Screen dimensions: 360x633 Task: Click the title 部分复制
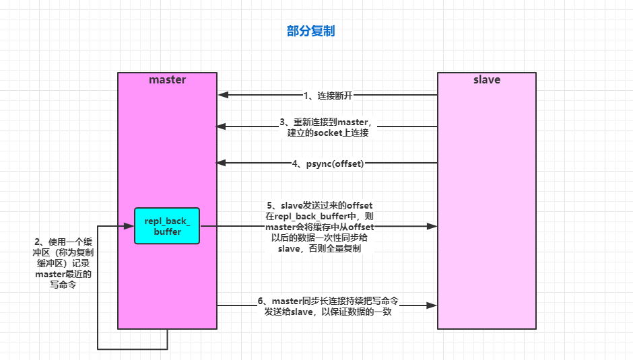(310, 32)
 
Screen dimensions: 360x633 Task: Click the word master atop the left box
(167, 79)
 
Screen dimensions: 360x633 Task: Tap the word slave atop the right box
(486, 79)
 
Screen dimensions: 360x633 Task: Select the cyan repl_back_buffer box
(167, 226)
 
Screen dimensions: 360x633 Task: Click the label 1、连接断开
(327, 96)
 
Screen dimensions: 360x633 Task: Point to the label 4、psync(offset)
(328, 163)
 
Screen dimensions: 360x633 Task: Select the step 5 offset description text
(319, 227)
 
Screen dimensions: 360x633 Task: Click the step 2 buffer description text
(63, 262)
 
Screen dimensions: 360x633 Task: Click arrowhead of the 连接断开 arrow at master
(222, 96)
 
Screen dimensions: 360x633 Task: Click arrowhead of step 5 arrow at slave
(432, 227)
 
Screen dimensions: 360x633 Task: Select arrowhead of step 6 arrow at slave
(432, 306)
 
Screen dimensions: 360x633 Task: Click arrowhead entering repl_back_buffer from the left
(129, 227)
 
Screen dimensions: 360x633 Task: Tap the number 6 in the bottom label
(261, 301)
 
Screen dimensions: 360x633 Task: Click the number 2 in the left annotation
(38, 241)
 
